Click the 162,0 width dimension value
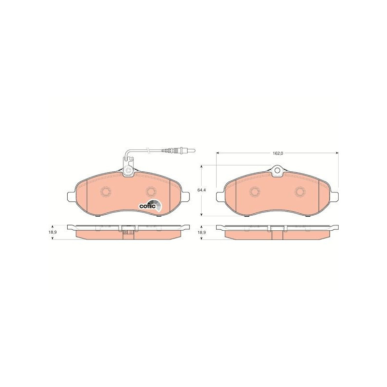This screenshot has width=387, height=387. click(277, 153)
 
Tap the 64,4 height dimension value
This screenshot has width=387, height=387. click(202, 190)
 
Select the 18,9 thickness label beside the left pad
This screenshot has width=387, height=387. click(52, 233)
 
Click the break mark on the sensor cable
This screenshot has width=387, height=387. click(148, 150)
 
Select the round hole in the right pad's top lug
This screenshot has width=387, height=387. click(277, 170)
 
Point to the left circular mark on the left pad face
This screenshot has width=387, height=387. click(106, 191)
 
